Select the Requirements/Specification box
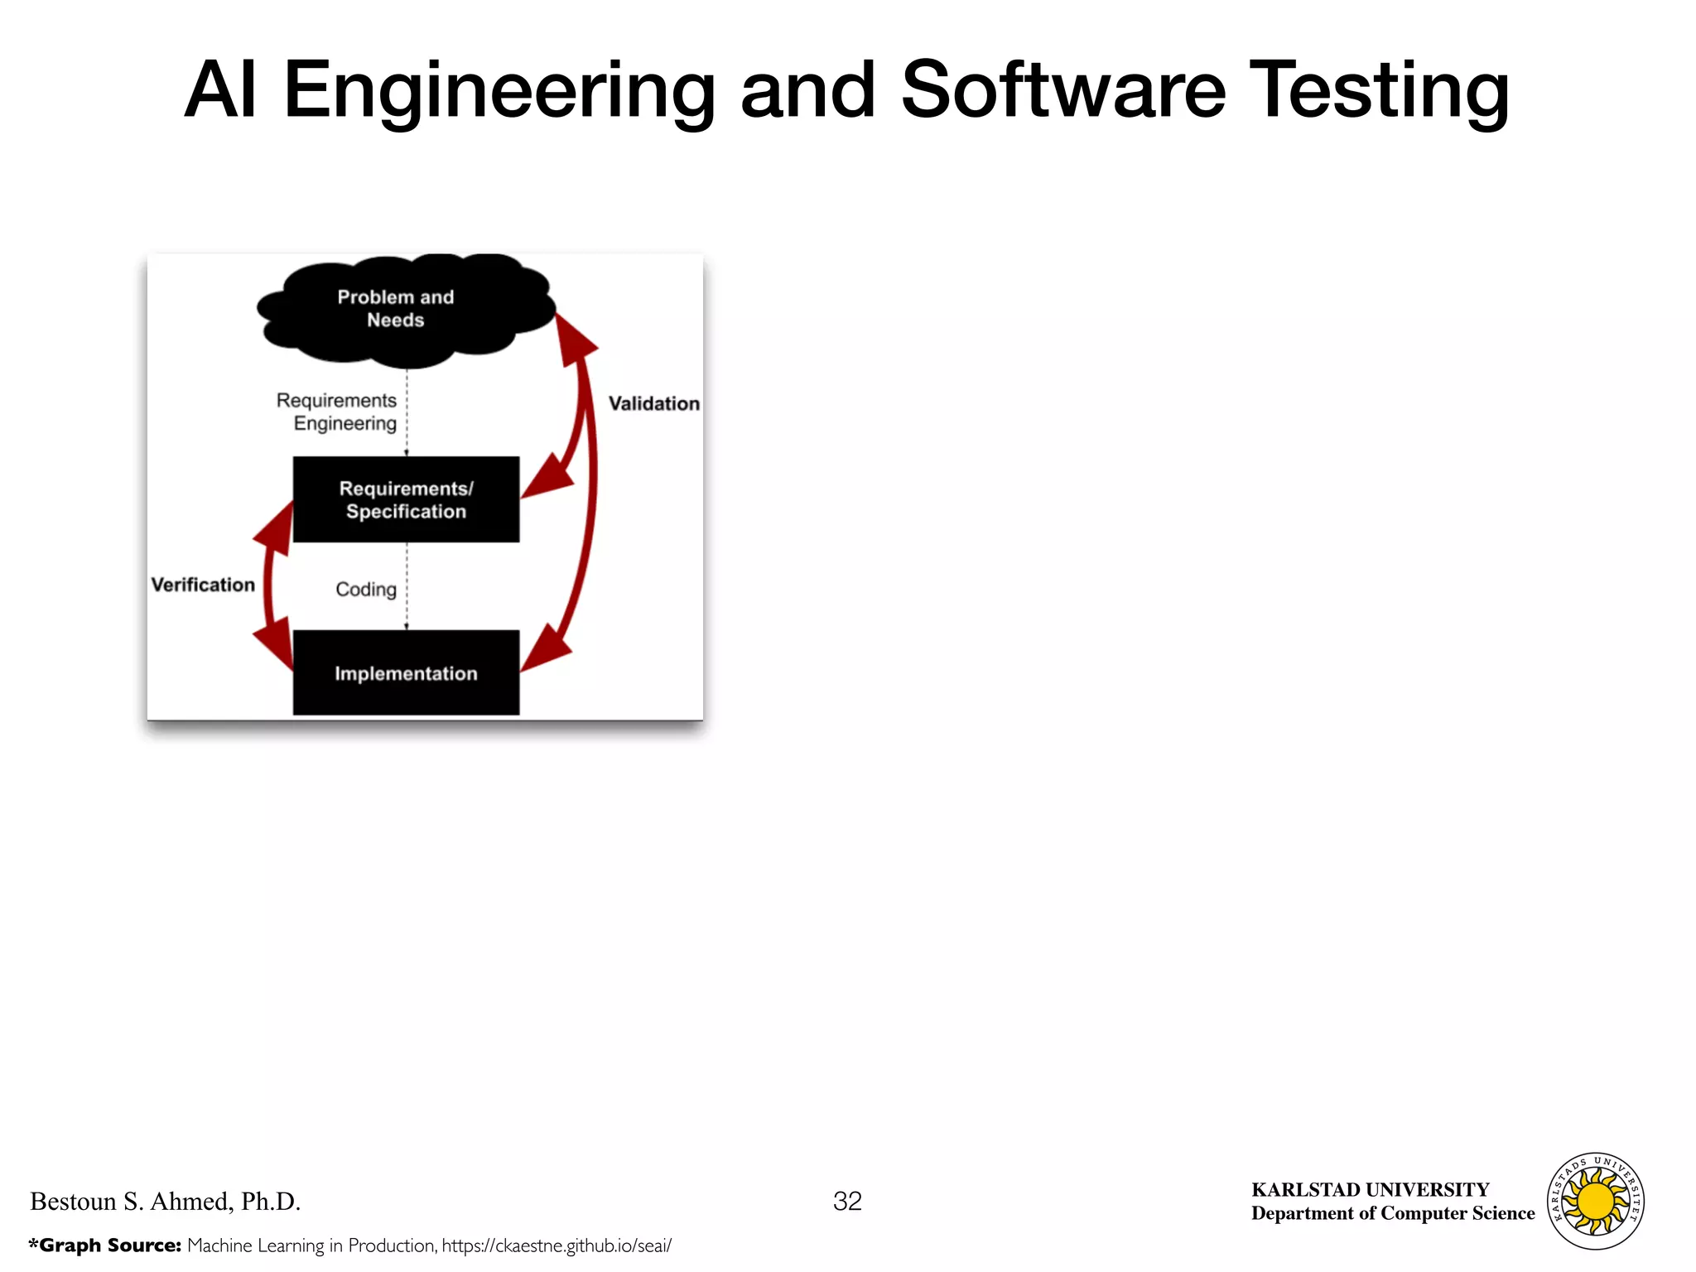406,499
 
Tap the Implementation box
406,672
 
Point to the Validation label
653,403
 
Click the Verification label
203,585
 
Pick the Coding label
365,589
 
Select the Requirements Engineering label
337,412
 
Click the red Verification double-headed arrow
267,585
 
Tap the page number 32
847,1201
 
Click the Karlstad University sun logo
1596,1201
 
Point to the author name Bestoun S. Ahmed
165,1201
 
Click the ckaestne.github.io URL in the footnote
556,1245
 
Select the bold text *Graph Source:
105,1245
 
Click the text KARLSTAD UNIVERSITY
1370,1189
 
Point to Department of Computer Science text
1393,1213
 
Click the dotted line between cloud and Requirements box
407,412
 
